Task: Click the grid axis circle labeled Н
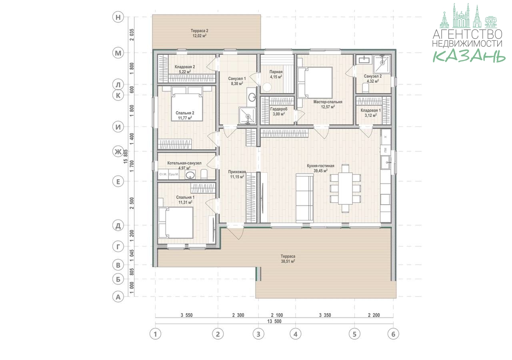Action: (x=118, y=17)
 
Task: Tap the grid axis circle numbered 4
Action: (x=295, y=334)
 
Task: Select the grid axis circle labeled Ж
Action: (x=118, y=152)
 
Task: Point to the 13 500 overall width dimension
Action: (x=274, y=321)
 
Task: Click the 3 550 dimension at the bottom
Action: (x=186, y=315)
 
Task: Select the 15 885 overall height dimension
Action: (x=126, y=156)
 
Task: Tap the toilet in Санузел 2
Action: (x=366, y=88)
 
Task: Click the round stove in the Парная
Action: (x=267, y=87)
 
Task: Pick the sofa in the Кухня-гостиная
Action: (x=304, y=198)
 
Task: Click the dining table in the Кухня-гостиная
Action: (x=345, y=188)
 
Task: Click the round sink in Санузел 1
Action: (x=252, y=97)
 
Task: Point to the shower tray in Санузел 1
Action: (x=248, y=116)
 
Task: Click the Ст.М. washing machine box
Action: (x=163, y=174)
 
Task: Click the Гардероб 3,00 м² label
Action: (x=279, y=111)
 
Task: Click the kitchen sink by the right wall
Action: (x=386, y=162)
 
